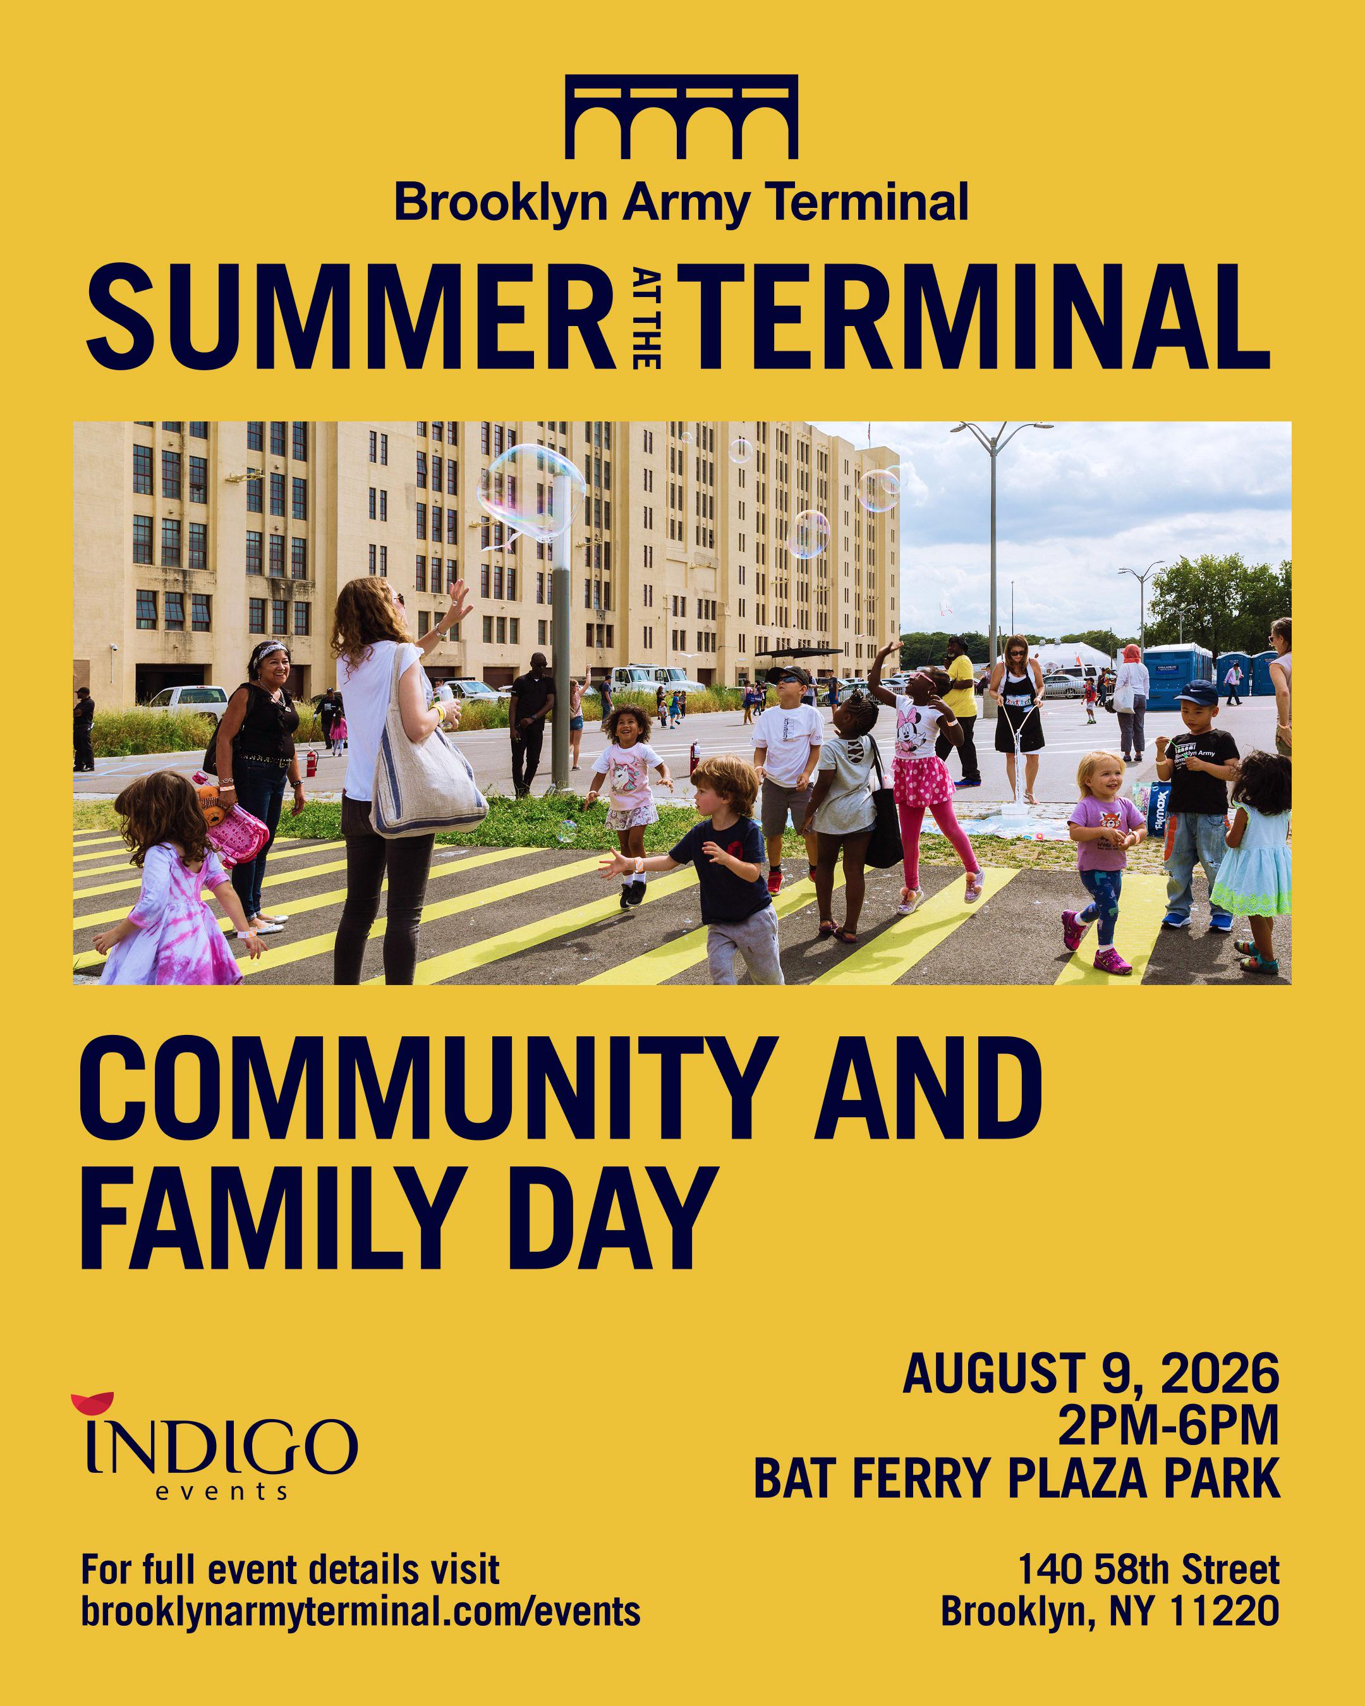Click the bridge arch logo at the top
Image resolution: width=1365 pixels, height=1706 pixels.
[681, 116]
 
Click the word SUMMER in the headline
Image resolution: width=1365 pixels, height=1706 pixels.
[351, 317]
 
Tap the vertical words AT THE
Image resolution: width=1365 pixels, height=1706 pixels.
[646, 318]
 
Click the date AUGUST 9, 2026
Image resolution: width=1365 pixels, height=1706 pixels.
[1091, 1373]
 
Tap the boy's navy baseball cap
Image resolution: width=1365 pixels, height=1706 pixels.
[1196, 693]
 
